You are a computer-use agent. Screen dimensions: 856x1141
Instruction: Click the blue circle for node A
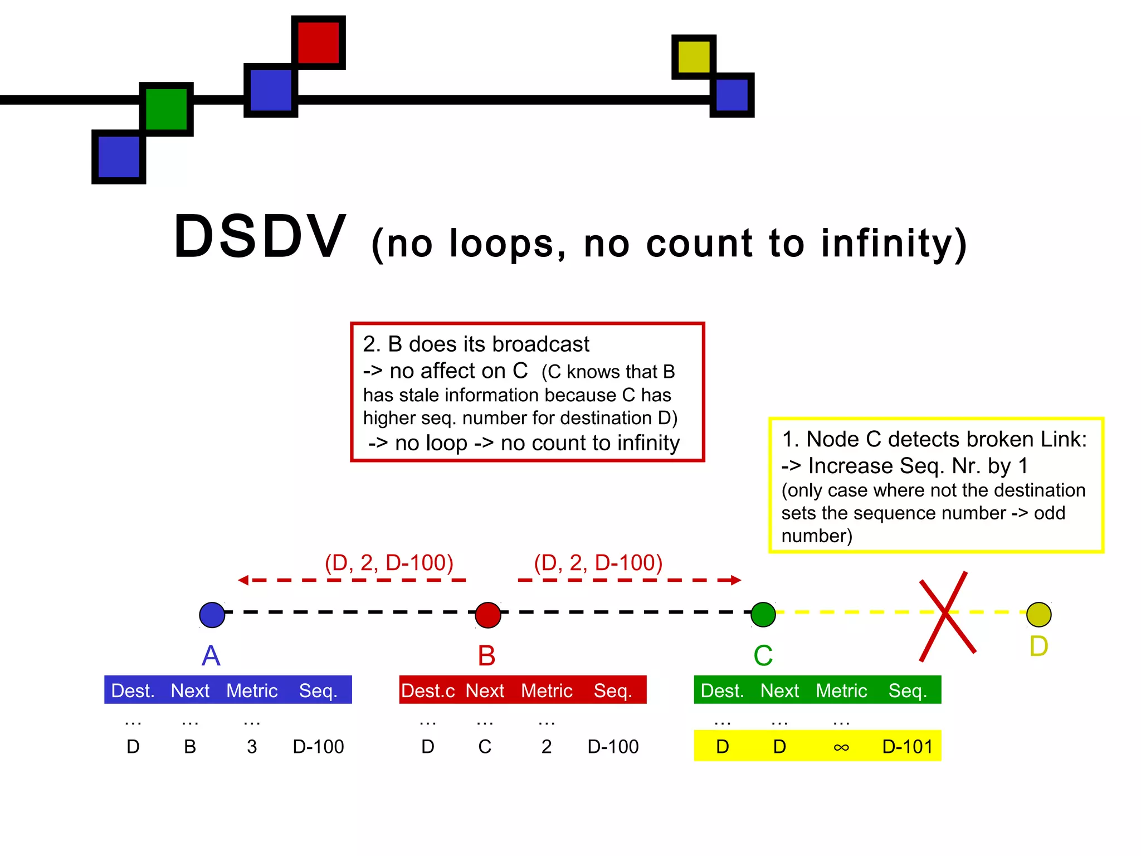tap(212, 615)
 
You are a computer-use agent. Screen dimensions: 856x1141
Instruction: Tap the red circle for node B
tap(488, 615)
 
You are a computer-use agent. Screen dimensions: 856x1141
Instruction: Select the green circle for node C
tap(763, 614)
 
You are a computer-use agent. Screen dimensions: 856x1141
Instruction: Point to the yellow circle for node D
tap(1039, 614)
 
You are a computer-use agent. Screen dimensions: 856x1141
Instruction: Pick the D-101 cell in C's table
tap(907, 746)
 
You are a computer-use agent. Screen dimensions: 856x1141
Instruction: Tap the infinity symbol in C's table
tap(841, 747)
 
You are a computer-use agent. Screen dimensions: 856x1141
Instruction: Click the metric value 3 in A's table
tap(252, 746)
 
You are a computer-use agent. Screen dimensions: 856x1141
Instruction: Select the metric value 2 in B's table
tap(547, 746)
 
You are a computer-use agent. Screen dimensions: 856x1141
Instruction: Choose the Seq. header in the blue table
tap(318, 690)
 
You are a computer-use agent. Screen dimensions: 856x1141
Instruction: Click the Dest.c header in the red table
tap(428, 690)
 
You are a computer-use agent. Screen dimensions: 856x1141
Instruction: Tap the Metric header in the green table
tap(841, 690)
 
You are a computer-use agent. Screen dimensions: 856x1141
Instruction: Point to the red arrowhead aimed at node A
tap(243, 580)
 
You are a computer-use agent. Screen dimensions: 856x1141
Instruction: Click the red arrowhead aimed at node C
tap(735, 580)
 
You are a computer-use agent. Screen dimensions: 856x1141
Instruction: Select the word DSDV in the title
tap(260, 237)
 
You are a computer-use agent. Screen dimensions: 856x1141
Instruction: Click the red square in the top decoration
tap(318, 42)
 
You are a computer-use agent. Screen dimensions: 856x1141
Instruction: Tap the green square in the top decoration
tap(166, 109)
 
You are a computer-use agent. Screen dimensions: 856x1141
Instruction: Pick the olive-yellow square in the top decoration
tap(694, 56)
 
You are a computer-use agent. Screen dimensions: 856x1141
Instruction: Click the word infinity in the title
tap(894, 244)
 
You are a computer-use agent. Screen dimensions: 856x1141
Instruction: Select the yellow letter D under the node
tap(1039, 646)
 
